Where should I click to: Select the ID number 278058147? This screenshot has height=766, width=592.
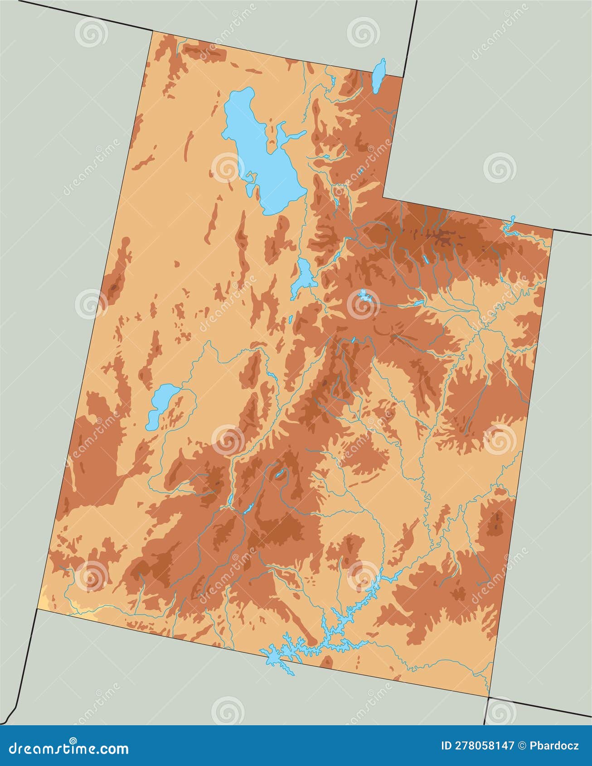478,746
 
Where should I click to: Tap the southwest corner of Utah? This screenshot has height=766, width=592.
36,609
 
